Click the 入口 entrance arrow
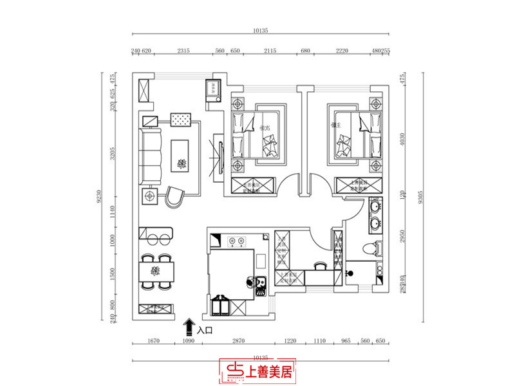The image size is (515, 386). (190, 327)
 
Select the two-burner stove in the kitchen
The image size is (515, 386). (236, 242)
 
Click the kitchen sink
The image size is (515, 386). (261, 284)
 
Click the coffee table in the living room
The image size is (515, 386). (180, 155)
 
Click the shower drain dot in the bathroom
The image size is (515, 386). (351, 273)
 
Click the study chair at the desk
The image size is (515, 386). (319, 265)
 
